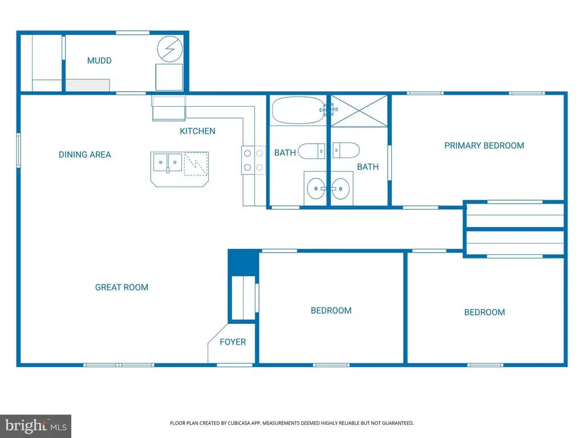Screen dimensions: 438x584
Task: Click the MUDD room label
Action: tap(99, 60)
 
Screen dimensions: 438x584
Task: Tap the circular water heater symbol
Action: tap(169, 49)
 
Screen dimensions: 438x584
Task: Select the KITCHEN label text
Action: tap(197, 131)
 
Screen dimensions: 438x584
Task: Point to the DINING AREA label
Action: tap(85, 155)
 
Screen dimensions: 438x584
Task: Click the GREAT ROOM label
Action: tap(121, 287)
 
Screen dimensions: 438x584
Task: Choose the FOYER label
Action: tap(233, 342)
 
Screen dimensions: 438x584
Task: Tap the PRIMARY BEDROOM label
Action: tap(484, 145)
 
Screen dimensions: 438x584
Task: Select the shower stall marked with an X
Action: tap(359, 111)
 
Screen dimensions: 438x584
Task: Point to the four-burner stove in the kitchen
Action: tap(253, 160)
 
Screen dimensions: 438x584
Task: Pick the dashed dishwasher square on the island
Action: tap(196, 163)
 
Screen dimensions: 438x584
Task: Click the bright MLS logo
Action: tap(35, 425)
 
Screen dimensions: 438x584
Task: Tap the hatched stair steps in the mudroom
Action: tap(87, 85)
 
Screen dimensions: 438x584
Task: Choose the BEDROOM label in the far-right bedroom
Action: tap(484, 312)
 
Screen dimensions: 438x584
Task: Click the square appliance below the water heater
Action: tap(169, 77)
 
